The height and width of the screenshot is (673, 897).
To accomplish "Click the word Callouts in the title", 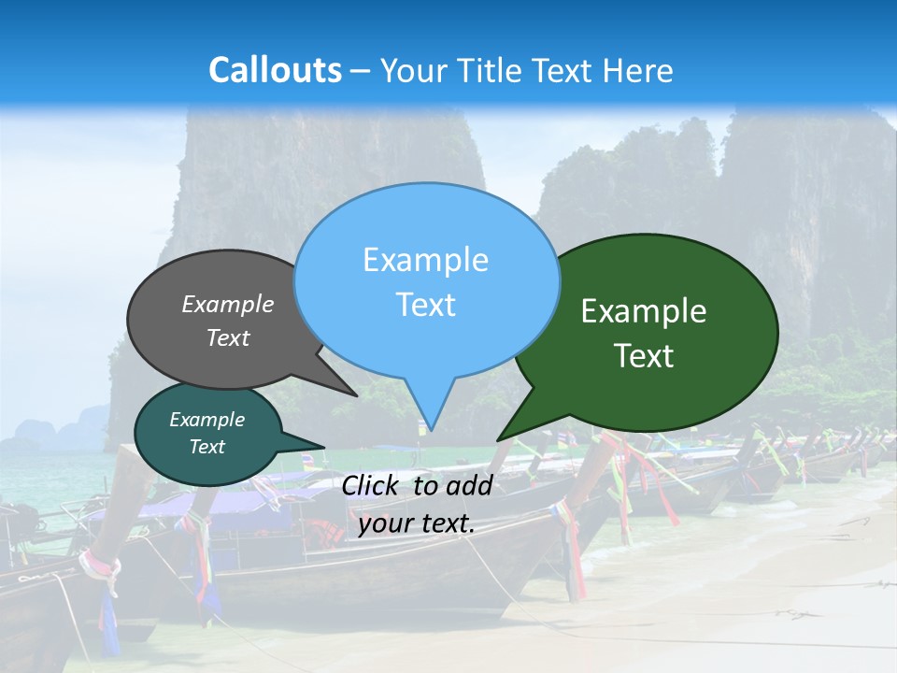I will pyautogui.click(x=275, y=70).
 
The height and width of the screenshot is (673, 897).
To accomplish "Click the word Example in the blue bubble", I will pyautogui.click(x=425, y=260).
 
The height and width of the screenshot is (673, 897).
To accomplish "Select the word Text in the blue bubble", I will pyautogui.click(x=425, y=305).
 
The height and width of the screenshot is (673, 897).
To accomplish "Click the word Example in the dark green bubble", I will pyautogui.click(x=644, y=311).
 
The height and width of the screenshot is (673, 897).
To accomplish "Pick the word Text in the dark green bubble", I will pyautogui.click(x=644, y=356).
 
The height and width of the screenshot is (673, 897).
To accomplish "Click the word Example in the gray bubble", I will pyautogui.click(x=228, y=304).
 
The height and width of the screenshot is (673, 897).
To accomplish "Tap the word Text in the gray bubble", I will pyautogui.click(x=228, y=337).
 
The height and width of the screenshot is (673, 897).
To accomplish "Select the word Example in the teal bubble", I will pyautogui.click(x=206, y=420).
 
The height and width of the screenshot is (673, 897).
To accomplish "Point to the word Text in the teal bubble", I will pyautogui.click(x=206, y=447).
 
